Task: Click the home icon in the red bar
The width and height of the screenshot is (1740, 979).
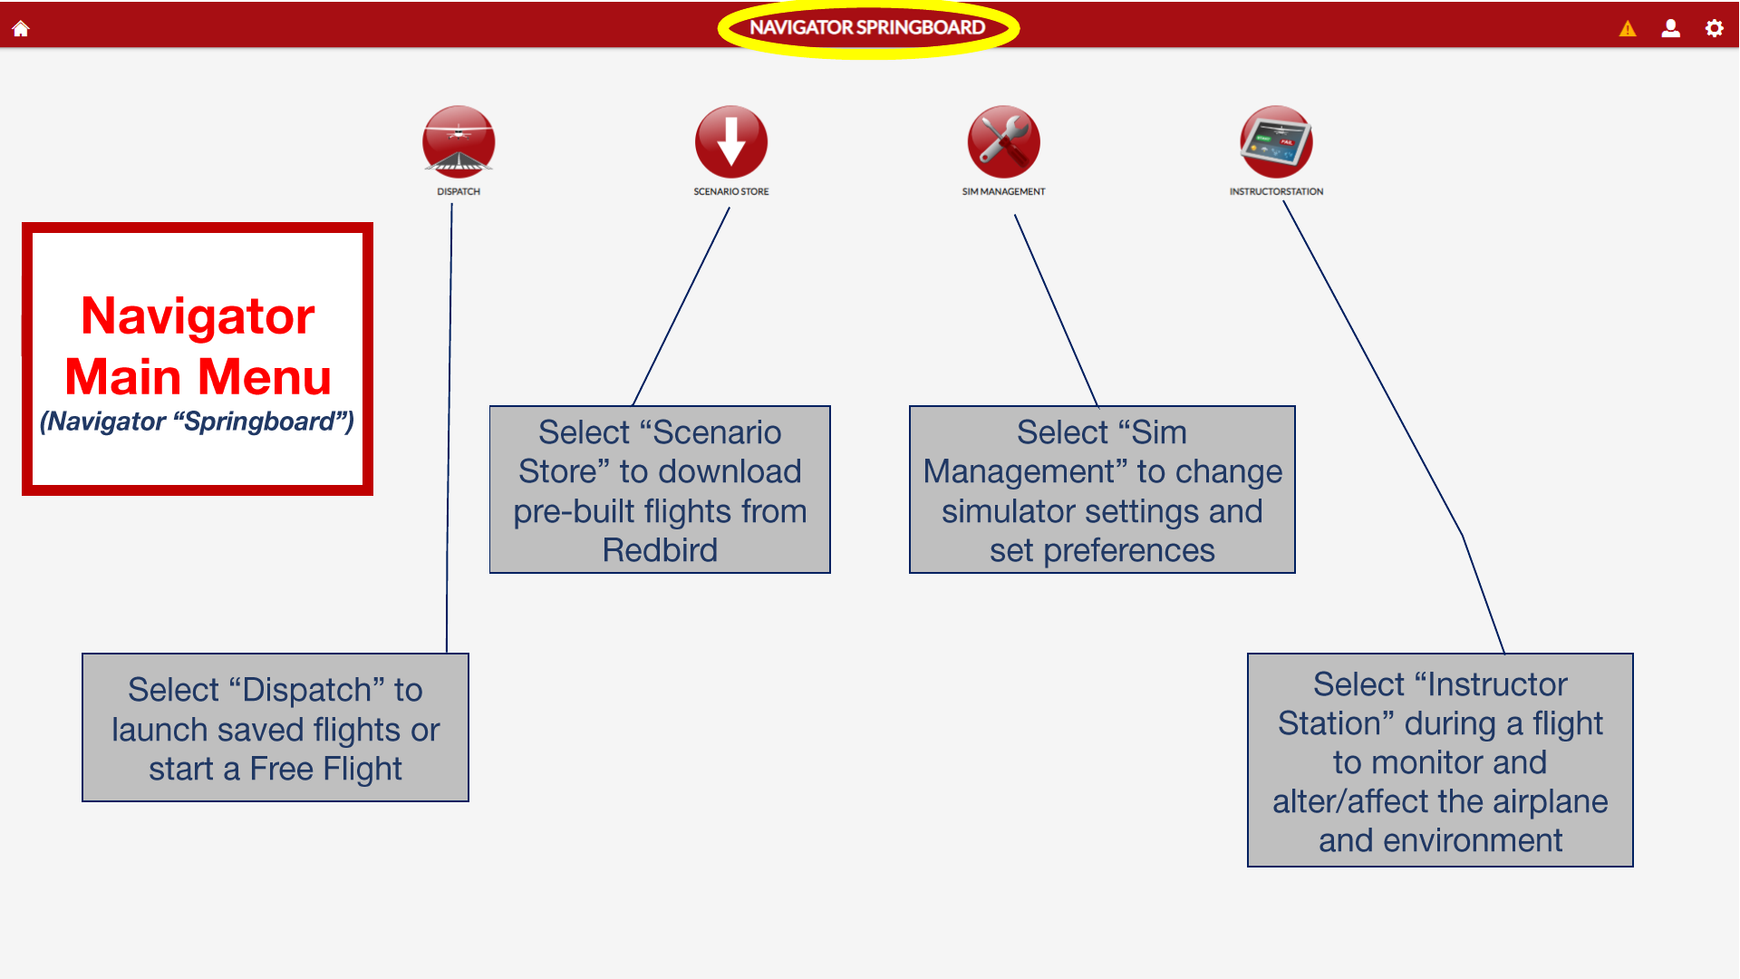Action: point(21,28)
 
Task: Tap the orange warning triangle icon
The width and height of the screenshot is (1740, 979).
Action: point(1628,29)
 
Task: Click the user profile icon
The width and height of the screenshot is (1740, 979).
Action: point(1670,28)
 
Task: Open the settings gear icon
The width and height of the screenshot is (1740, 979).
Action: point(1714,28)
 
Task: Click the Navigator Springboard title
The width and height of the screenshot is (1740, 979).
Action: point(867,27)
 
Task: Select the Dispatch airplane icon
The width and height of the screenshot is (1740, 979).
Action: point(459,141)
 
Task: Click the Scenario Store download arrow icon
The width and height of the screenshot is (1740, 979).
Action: point(731,141)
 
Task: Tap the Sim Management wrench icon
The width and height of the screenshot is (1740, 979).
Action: point(1003,141)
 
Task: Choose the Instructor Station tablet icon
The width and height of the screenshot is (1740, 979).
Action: point(1276,141)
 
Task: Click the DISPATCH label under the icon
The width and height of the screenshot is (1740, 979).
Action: point(459,191)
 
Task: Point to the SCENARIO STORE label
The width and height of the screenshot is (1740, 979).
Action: point(731,191)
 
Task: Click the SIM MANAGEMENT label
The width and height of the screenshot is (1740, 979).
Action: point(1003,191)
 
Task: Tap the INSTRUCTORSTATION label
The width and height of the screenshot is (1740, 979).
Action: point(1276,191)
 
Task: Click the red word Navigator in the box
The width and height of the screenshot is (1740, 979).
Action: point(198,316)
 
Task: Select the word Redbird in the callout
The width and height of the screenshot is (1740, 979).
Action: point(660,550)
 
